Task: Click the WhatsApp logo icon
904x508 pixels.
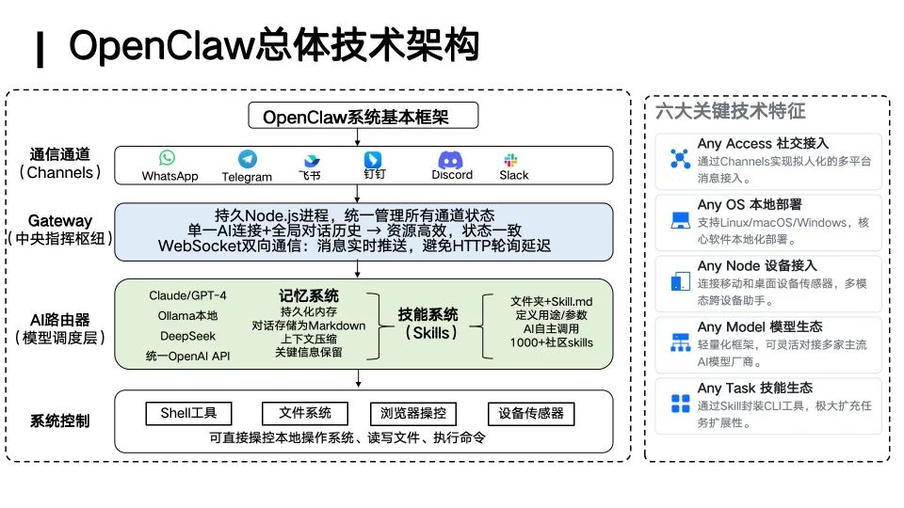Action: point(168,158)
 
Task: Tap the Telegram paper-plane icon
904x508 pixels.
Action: point(247,159)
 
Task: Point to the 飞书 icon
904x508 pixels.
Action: point(311,161)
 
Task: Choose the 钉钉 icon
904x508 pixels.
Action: point(373,159)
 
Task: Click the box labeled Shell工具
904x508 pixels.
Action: point(188,413)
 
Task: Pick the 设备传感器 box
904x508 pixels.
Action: point(530,413)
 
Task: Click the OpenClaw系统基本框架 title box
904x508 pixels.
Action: point(363,117)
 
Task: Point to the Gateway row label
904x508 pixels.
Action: point(60,221)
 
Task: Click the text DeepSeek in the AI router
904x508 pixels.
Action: point(187,336)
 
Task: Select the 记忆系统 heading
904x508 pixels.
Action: point(309,295)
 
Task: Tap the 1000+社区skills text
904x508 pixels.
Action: point(552,342)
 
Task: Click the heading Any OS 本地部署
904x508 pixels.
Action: point(749,204)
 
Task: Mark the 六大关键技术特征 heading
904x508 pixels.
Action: point(730,111)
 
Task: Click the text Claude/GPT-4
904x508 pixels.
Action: point(187,295)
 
